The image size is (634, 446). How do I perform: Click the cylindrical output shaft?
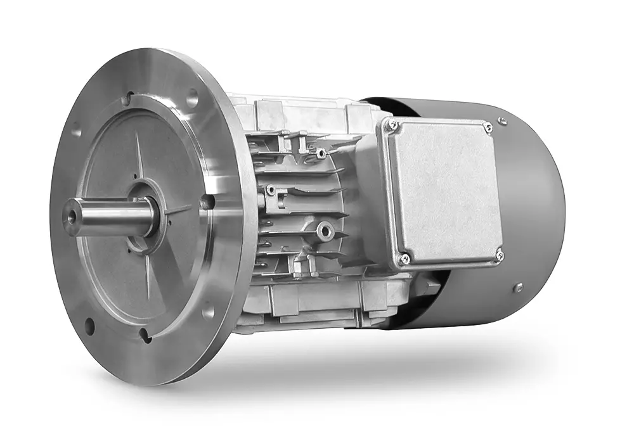click(108, 212)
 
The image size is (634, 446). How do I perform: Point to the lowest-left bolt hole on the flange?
click(89, 327)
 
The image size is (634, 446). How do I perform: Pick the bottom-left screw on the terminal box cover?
click(403, 258)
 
